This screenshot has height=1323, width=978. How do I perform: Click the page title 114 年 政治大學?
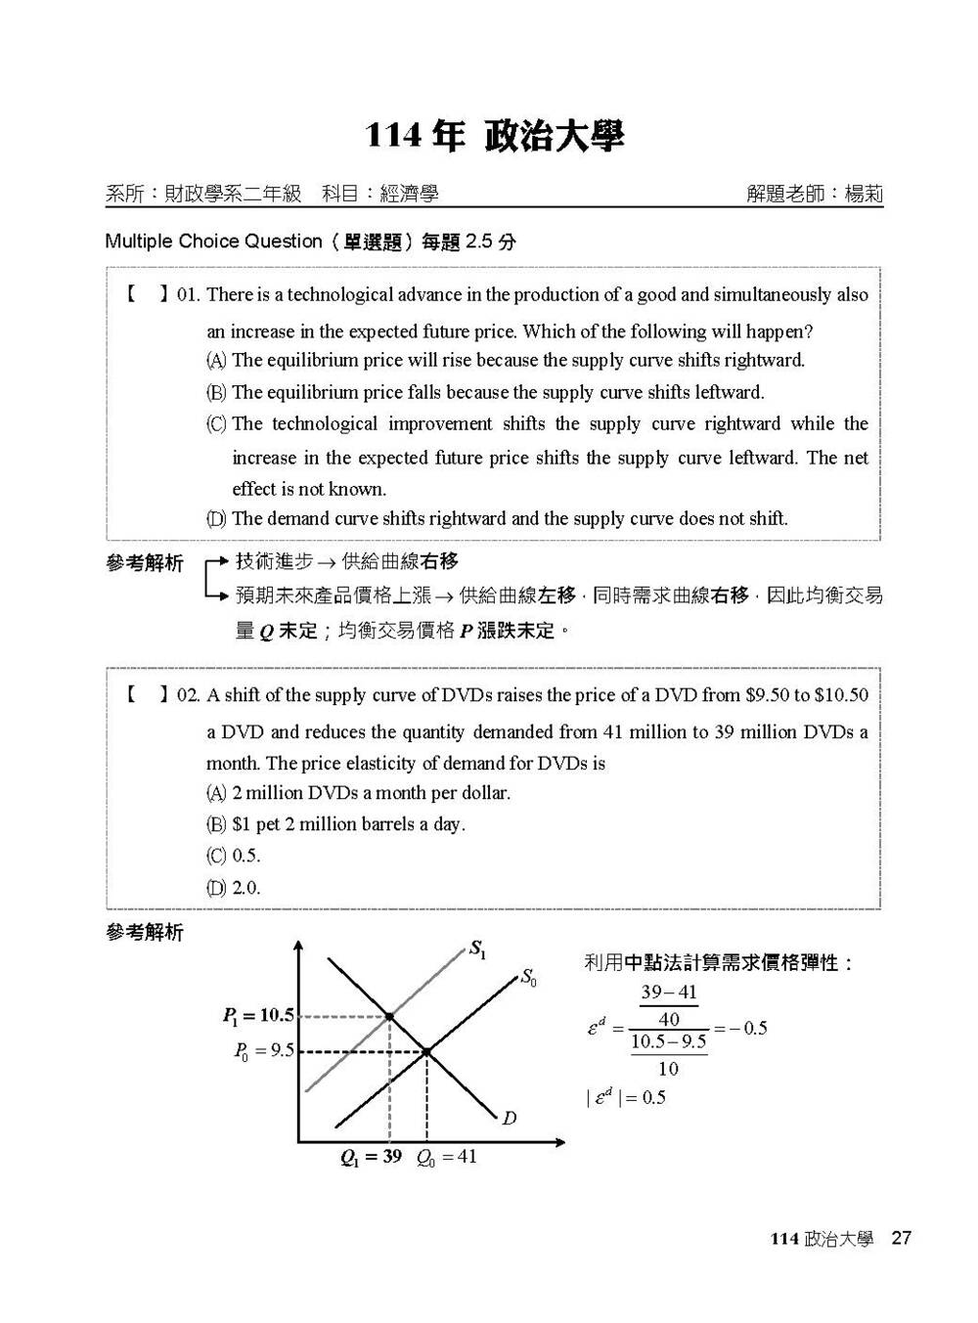[x=494, y=136]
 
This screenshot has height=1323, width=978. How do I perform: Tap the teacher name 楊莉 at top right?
[x=864, y=194]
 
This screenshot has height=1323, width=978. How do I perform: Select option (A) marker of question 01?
[x=216, y=361]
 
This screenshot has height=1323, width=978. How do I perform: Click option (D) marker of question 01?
[x=216, y=519]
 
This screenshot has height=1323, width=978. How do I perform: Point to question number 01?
[x=188, y=295]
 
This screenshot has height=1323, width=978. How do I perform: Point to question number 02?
[x=188, y=695]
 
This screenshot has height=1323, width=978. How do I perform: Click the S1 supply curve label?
[x=477, y=948]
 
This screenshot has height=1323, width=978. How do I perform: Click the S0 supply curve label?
[x=528, y=976]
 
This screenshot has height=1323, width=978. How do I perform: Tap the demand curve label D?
[x=509, y=1118]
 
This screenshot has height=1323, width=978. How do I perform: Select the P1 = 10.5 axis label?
[x=258, y=1016]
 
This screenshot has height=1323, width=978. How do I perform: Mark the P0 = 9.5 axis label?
[x=263, y=1051]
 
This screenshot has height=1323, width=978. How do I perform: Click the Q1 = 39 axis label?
[x=371, y=1157]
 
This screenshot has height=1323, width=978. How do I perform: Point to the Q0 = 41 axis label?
[x=447, y=1157]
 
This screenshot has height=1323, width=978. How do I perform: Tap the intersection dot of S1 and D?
[x=389, y=1017]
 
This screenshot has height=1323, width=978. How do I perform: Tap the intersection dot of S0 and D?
[x=427, y=1052]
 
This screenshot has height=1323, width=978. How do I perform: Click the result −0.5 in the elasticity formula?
[x=749, y=1028]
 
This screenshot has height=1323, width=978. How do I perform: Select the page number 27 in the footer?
[x=901, y=1238]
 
